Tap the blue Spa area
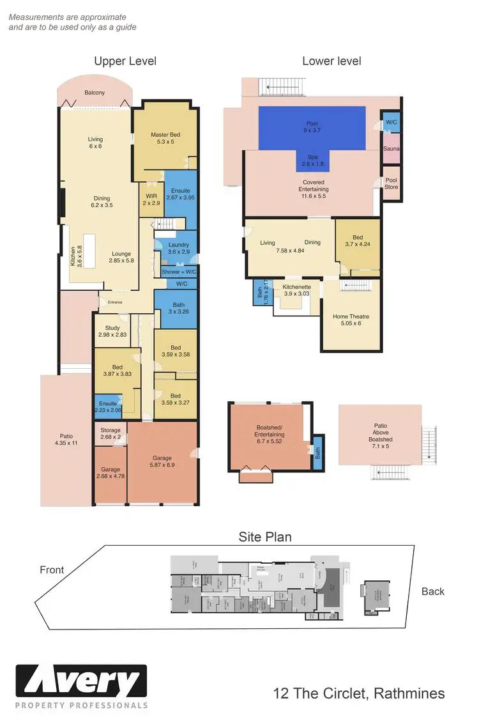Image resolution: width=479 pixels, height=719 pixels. (313, 160)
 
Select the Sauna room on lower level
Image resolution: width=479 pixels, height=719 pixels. (391, 148)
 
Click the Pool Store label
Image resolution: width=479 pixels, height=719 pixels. (391, 183)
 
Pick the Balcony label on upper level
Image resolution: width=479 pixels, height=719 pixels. (95, 93)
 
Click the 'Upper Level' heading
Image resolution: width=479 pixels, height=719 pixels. (125, 61)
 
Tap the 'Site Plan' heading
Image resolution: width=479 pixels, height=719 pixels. (265, 537)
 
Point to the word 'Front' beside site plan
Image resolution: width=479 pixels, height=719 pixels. (52, 569)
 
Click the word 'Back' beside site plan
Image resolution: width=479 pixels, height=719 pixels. (432, 591)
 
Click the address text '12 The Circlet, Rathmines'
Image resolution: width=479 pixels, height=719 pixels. (358, 693)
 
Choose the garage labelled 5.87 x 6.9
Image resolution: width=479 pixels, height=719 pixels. (162, 461)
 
